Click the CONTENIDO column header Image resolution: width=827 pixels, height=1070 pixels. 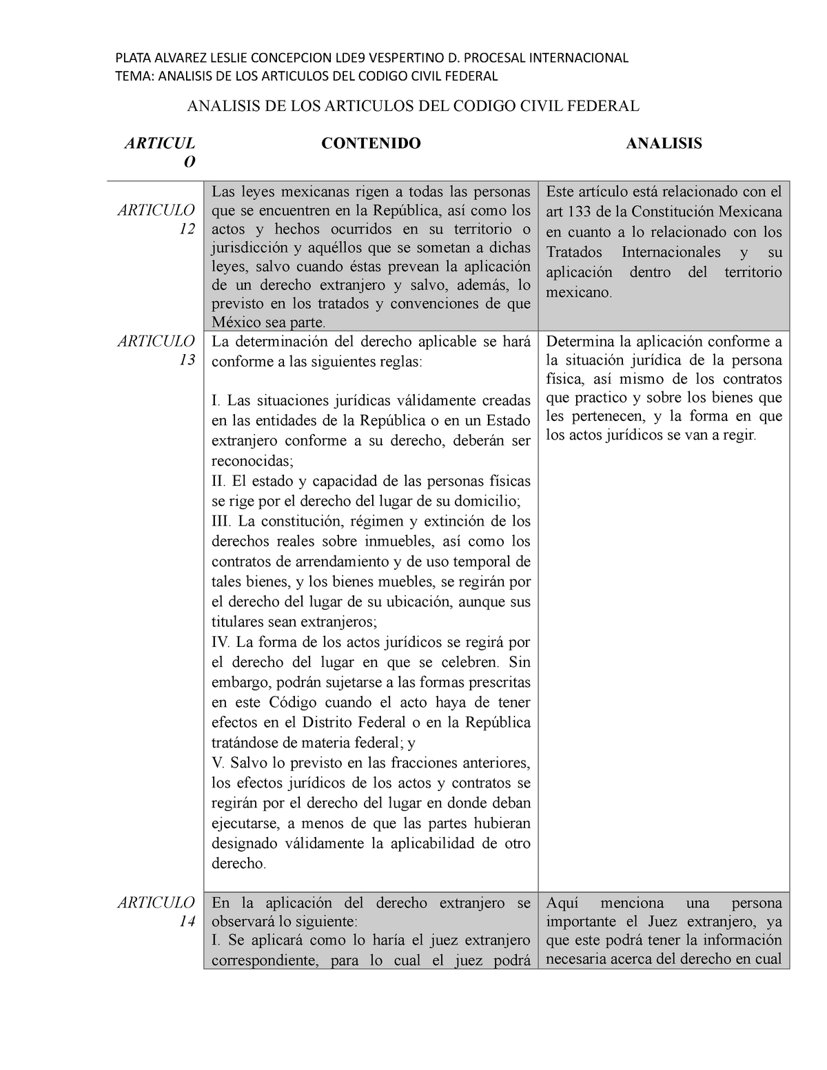coord(371,143)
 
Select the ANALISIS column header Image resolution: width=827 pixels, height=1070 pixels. coord(664,143)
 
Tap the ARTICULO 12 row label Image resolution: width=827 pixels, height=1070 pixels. coord(156,219)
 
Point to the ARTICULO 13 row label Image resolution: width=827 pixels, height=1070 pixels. coord(156,350)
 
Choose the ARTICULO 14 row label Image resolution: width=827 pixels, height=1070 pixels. coord(156,912)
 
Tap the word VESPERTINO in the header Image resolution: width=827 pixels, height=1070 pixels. coord(401,57)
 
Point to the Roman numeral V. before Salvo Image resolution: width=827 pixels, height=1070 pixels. coord(218,763)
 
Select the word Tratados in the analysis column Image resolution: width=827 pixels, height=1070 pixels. coord(574,252)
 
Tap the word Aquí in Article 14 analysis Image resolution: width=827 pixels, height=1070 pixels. coord(562,903)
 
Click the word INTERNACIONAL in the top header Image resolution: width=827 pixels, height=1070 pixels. coord(578,57)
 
